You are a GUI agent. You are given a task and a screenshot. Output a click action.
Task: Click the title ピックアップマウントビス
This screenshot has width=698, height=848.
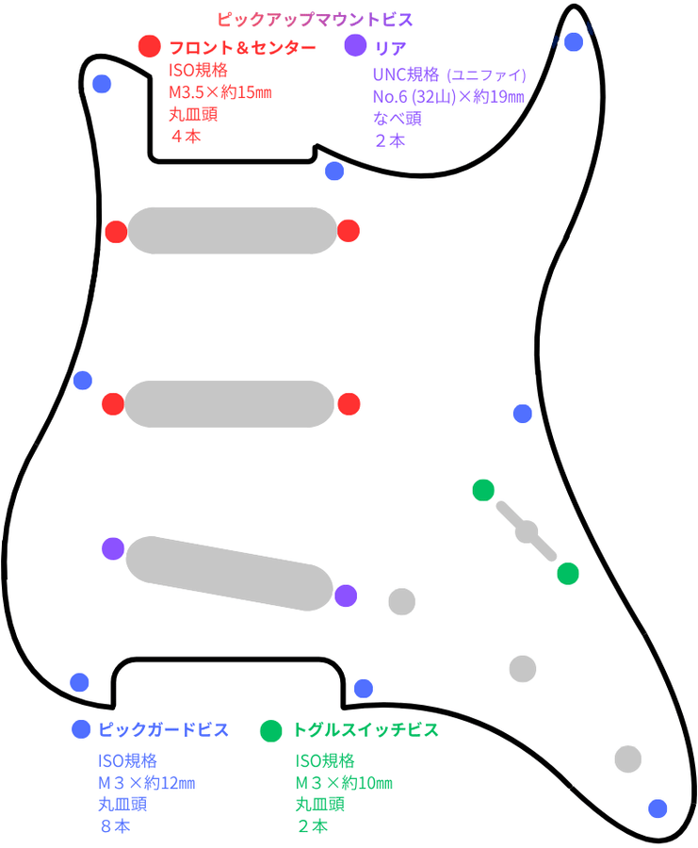pos(316,20)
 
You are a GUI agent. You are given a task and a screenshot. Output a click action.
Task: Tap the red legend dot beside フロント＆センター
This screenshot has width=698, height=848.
pos(149,46)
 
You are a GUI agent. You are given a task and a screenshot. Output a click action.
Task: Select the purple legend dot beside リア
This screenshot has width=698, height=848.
pos(355,45)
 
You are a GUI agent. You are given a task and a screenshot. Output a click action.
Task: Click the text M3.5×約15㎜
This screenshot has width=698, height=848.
pos(220,92)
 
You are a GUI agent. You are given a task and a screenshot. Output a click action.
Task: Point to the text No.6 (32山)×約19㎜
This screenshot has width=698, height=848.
pos(448,97)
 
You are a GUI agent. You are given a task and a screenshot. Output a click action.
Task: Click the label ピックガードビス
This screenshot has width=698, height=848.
pos(163,729)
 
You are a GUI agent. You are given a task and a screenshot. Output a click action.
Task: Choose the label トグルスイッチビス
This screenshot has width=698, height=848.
pos(365,729)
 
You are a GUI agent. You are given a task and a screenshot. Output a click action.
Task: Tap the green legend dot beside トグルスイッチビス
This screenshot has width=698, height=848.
pos(271,730)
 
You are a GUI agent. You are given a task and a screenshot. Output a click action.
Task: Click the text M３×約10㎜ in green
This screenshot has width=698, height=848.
pos(344,783)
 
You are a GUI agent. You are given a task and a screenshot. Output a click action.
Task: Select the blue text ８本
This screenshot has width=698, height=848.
pos(115,826)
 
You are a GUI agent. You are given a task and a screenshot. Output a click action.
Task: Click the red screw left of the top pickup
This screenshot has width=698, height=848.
pos(116,232)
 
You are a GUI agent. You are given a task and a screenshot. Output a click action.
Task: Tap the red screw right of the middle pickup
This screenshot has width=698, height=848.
pos(349,404)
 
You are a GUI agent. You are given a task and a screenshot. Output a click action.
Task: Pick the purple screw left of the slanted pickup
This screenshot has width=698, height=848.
pos(113,549)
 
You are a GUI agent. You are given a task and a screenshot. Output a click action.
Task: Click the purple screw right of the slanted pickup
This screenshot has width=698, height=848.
pos(346,595)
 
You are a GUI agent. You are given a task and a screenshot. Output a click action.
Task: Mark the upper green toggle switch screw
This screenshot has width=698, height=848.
pos(483,490)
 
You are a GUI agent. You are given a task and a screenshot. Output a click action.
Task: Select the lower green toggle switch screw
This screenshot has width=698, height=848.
pos(568,573)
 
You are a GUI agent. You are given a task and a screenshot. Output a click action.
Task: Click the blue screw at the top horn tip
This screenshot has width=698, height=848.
pos(574,41)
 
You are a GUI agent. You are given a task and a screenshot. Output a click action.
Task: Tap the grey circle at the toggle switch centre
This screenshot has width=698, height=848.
pos(527,532)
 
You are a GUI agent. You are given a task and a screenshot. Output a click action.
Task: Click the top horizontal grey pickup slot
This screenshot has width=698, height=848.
pos(233,231)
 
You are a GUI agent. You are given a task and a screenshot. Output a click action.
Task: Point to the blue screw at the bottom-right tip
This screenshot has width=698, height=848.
pos(657,808)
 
